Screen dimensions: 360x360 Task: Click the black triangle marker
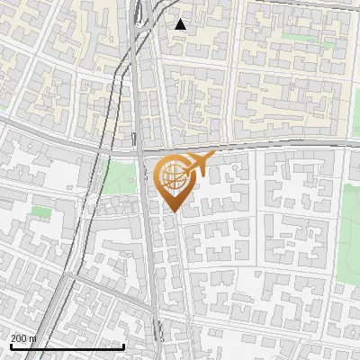181,24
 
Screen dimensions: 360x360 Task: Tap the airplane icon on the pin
198,165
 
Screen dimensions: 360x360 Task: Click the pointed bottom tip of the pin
175,213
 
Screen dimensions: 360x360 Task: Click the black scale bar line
67,346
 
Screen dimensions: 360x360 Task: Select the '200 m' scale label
24,338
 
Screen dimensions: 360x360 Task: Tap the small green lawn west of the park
40,211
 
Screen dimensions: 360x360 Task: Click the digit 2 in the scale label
14,338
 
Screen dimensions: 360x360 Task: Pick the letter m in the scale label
34,339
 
